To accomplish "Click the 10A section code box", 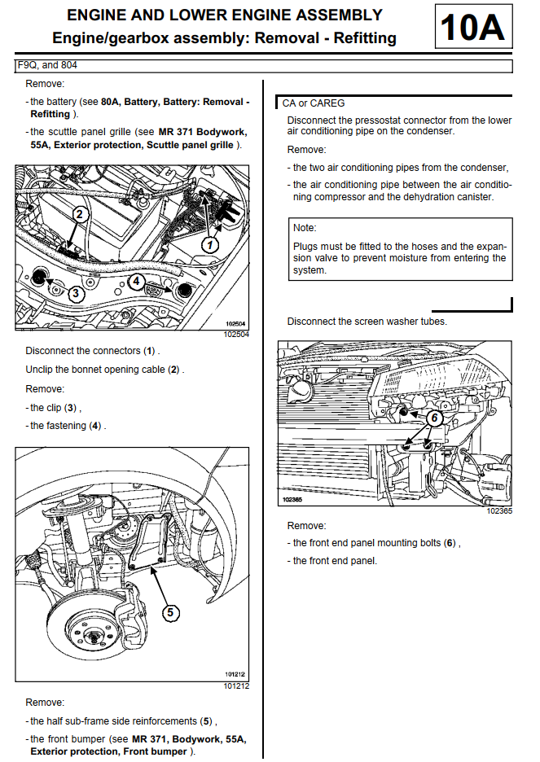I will click(473, 28).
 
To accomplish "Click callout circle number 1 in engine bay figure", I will click(211, 243).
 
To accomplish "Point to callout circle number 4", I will click(136, 281).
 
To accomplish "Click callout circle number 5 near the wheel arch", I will click(170, 611).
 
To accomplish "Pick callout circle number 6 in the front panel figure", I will click(434, 418).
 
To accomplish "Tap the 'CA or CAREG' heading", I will click(314, 103).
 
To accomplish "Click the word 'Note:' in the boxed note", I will click(305, 228).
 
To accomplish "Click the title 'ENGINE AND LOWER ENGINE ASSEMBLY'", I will click(224, 15).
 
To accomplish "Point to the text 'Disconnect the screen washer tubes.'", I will click(367, 322).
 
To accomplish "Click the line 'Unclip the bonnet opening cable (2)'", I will click(104, 370).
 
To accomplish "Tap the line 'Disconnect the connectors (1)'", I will click(92, 351).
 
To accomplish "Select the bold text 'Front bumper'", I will click(154, 751).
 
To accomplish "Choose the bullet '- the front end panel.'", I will click(335, 561).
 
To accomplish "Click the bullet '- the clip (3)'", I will click(55, 408).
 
